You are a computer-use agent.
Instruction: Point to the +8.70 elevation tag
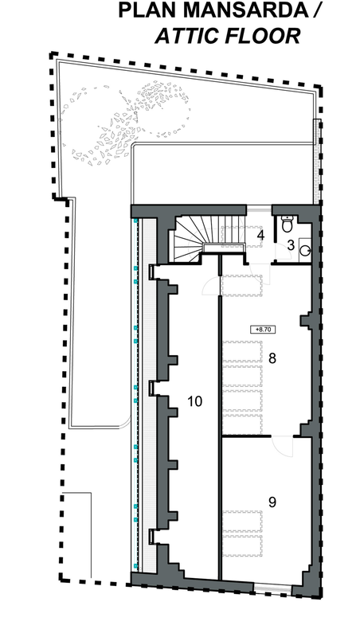pyautogui.click(x=262, y=330)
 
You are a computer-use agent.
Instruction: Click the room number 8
pyautogui.click(x=272, y=359)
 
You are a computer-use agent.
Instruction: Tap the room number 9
pyautogui.click(x=272, y=502)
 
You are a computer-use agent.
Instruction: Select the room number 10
pyautogui.click(x=195, y=401)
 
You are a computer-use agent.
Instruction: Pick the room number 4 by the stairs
pyautogui.click(x=260, y=235)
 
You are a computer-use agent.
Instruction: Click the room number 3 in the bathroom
pyautogui.click(x=291, y=245)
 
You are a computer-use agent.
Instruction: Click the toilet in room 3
pyautogui.click(x=288, y=224)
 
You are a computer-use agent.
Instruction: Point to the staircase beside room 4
pyautogui.click(x=209, y=239)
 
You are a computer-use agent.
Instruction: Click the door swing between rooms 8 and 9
pyautogui.click(x=284, y=447)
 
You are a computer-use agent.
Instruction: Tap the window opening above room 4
pyautogui.click(x=259, y=209)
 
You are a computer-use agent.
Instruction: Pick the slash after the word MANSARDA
pyautogui.click(x=313, y=10)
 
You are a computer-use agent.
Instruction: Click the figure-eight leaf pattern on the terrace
pyautogui.click(x=126, y=122)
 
